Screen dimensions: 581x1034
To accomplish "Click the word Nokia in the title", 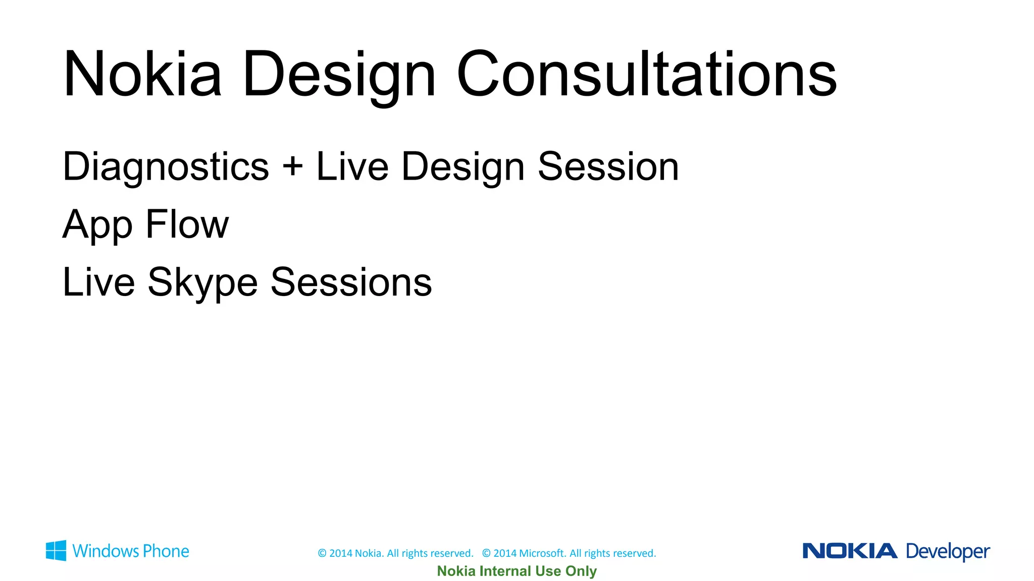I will click(142, 74).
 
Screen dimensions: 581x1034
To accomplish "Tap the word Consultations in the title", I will click(647, 74).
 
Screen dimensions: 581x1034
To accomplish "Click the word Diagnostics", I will click(166, 167).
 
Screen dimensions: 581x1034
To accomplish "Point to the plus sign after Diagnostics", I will click(293, 167).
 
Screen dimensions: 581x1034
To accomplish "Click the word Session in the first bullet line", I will click(608, 167).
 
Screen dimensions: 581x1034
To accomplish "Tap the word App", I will click(97, 225).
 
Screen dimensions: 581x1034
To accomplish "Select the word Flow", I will click(187, 224).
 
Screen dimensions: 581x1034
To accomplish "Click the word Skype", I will click(202, 283).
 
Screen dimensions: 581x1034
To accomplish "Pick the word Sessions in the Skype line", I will click(351, 282).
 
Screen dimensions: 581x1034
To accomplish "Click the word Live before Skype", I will click(99, 282).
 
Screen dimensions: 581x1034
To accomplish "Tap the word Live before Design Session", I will click(352, 167).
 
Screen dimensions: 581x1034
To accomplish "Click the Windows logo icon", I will click(56, 551).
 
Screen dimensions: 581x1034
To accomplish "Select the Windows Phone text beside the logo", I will click(131, 551).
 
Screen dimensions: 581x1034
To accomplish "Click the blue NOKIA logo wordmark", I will click(850, 551).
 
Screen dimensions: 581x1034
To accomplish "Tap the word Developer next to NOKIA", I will click(948, 552).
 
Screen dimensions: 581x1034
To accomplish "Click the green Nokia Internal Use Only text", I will click(516, 571).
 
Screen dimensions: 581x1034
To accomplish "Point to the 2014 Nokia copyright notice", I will click(395, 553).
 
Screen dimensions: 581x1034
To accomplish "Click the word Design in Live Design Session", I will click(463, 168).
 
